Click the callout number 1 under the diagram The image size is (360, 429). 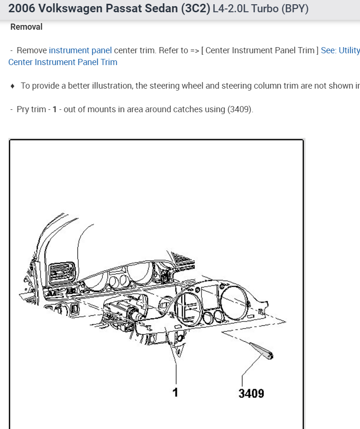[x=176, y=392]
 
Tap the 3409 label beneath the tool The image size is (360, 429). [x=251, y=393]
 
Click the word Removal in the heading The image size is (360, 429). [x=26, y=27]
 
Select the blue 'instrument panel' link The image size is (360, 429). [x=80, y=50]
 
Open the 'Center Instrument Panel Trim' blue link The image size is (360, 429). [x=63, y=62]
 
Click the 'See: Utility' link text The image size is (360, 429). [x=340, y=50]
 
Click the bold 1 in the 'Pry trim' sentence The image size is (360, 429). [x=55, y=109]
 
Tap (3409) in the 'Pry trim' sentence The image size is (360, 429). [x=240, y=109]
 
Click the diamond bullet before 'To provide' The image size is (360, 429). [x=12, y=86]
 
